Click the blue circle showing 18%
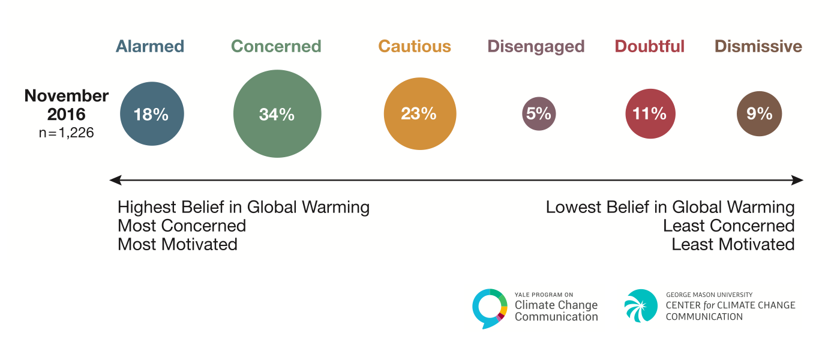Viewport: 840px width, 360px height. tap(152, 114)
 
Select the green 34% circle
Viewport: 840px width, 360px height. tap(277, 114)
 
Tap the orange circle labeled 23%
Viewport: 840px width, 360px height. tap(419, 114)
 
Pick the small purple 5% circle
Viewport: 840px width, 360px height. tap(539, 114)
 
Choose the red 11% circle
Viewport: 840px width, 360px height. tap(650, 114)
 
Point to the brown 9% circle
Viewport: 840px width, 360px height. tap(759, 114)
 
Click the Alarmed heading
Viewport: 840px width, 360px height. tap(150, 46)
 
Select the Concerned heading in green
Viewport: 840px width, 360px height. tap(276, 46)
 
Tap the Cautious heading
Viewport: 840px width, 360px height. tap(415, 46)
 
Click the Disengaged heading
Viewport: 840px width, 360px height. tap(536, 46)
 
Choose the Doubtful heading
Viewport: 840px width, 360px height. tap(650, 46)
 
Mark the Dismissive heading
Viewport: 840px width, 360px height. tap(758, 46)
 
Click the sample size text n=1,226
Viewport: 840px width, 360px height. tap(66, 133)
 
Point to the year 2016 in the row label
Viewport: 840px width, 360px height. tap(67, 114)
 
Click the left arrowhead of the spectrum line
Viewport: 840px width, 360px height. tap(115, 180)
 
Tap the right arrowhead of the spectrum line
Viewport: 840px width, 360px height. tap(798, 180)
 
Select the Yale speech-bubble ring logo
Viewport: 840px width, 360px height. tap(490, 308)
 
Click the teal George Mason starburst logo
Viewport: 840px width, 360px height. tap(641, 306)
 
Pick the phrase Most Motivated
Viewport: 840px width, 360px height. tap(178, 245)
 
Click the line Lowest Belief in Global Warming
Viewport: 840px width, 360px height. tap(670, 208)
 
